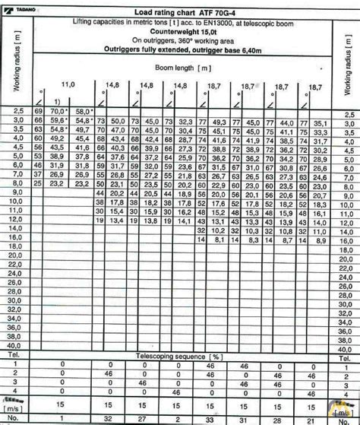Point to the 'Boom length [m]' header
tap(194, 68)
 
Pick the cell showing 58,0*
tap(84, 113)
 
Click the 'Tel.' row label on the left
tap(13, 355)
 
